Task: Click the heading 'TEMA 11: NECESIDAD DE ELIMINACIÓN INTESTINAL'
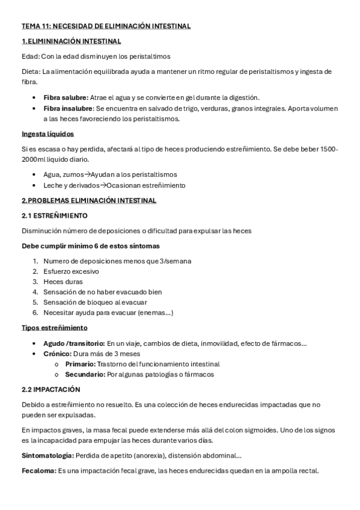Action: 106,26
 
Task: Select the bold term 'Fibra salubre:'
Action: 66,97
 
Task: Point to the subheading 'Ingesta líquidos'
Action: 47,134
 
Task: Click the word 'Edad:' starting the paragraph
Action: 30,57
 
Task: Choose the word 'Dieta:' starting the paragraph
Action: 31,72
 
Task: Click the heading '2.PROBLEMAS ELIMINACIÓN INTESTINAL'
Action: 88,200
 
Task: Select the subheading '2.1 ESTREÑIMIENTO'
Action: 55,215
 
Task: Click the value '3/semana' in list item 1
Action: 178,261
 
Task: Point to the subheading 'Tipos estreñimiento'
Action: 54,328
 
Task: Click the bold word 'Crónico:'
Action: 58,354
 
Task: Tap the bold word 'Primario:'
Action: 80,364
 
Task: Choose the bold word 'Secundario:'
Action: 85,374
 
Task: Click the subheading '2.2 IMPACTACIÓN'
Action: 51,390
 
